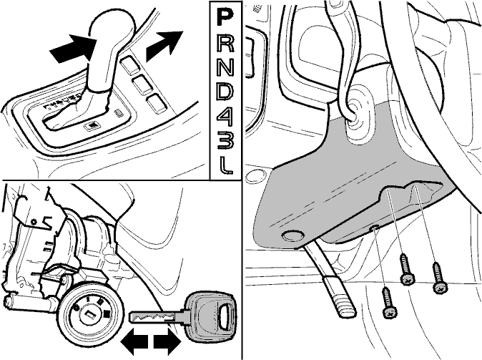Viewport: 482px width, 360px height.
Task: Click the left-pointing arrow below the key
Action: (134, 342)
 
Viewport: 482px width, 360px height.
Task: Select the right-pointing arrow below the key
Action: (167, 341)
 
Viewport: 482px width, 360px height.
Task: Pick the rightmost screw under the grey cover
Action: (438, 277)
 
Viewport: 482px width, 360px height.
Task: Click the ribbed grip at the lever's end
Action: (340, 296)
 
